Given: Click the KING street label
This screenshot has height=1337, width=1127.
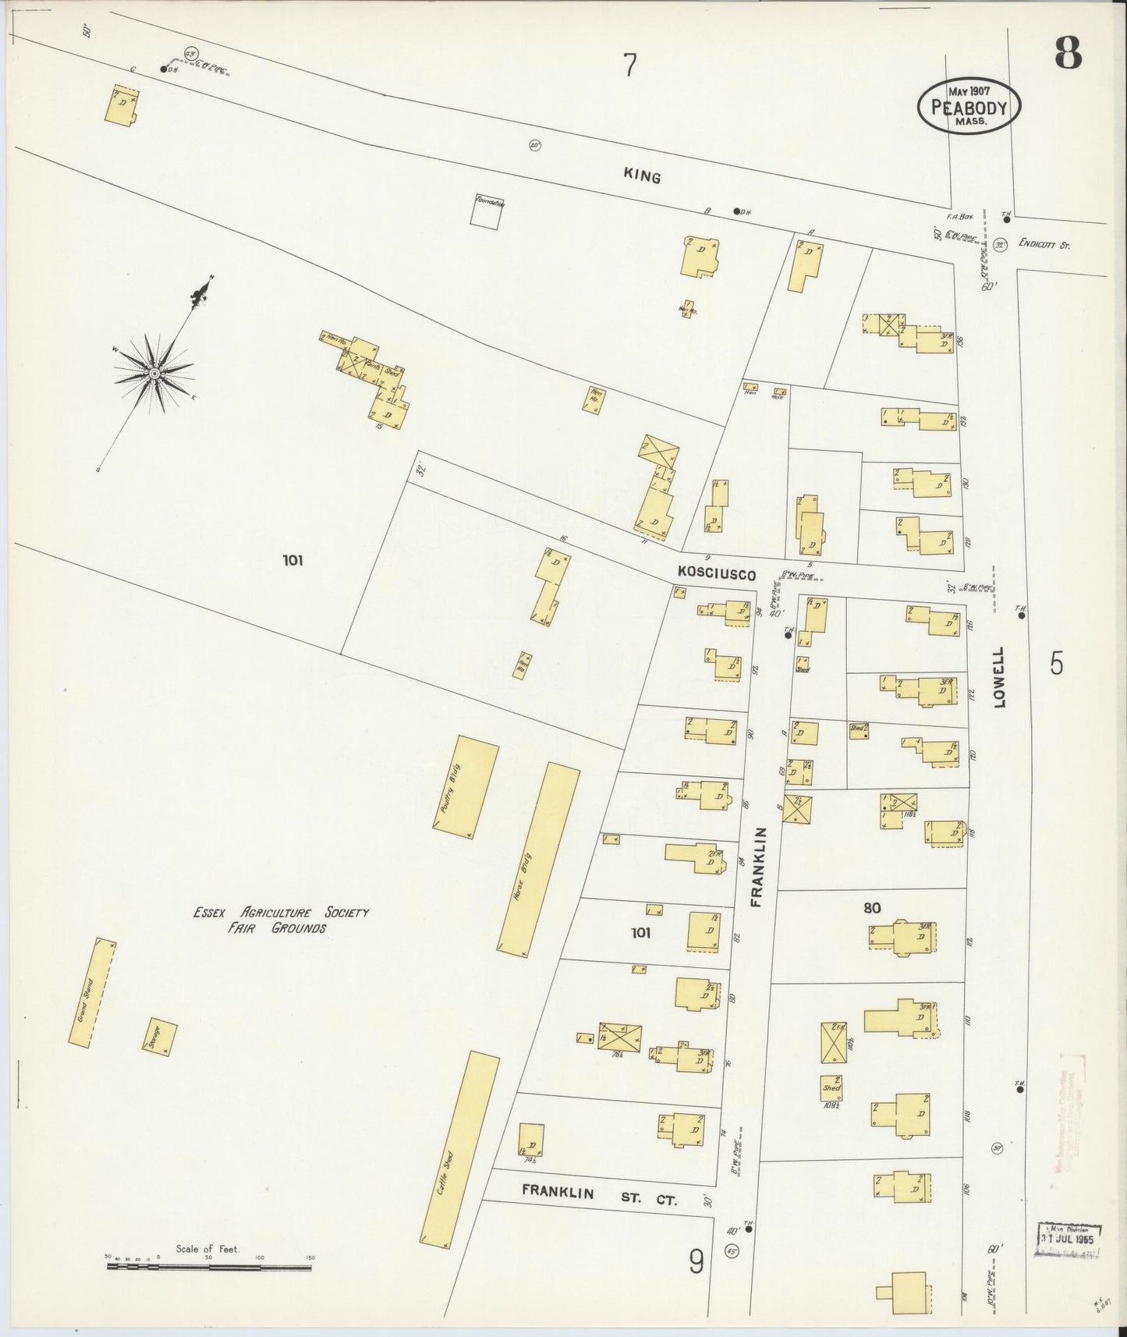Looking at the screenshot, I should [642, 177].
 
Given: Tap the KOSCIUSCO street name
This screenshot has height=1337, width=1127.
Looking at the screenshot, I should [716, 574].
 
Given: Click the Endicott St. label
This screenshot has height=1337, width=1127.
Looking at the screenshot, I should [1044, 245].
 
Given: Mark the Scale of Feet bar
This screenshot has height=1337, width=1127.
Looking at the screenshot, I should [208, 1266].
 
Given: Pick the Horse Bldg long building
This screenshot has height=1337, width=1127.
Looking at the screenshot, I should [539, 860].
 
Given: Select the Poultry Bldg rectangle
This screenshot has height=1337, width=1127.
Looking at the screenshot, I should [466, 787].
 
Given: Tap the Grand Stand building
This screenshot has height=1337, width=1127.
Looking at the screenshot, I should [92, 992].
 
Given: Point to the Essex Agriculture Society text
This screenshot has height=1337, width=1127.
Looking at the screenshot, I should [282, 912].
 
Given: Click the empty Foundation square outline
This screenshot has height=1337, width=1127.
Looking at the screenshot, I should [484, 211].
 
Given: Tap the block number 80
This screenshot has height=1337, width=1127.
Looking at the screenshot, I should [872, 908].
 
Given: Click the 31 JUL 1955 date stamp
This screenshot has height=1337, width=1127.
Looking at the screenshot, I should [1068, 1239].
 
